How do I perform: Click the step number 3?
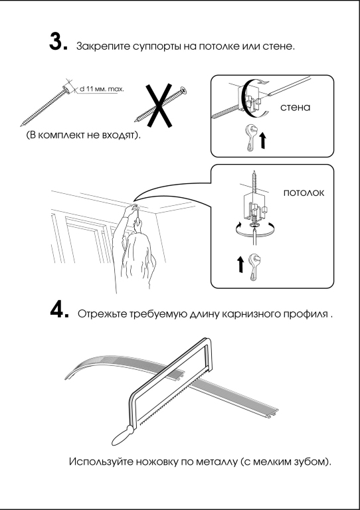pyautogui.click(x=58, y=42)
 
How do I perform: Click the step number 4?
pyautogui.click(x=59, y=310)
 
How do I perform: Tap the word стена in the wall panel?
pyautogui.click(x=296, y=108)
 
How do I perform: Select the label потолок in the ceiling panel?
pyautogui.click(x=304, y=193)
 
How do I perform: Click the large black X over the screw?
pyautogui.click(x=158, y=106)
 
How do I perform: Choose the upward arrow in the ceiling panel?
pyautogui.click(x=240, y=264)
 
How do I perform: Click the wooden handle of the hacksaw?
pyautogui.click(x=122, y=436)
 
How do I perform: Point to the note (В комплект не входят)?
pyautogui.click(x=84, y=135)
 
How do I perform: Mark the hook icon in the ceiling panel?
pyautogui.click(x=254, y=267)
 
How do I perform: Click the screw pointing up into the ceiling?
pyautogui.click(x=254, y=183)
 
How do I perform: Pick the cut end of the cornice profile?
pyautogui.click(x=272, y=412)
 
